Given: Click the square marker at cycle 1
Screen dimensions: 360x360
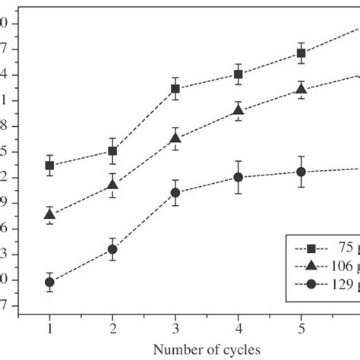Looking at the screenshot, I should point(50,165).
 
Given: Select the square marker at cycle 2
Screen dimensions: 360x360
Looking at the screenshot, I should point(112,151).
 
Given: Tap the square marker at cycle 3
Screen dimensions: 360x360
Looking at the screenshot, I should point(175,89).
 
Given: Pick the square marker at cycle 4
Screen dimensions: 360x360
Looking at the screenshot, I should point(238,74).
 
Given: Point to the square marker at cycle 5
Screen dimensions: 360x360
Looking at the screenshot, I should point(302,53).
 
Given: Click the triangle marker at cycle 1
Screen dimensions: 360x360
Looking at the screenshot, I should point(50,215).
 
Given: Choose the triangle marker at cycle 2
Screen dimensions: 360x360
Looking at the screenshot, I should point(112,185).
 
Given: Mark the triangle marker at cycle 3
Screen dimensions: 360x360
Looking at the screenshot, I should point(175,137).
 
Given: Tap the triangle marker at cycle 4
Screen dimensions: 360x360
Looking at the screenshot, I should point(238,110).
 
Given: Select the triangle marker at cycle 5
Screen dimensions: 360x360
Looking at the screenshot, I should point(302,89).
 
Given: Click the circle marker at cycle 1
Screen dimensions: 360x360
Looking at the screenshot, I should point(50,282).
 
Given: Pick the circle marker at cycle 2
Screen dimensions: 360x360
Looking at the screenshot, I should point(112,249).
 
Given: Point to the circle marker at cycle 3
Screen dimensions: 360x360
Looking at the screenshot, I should point(175,193).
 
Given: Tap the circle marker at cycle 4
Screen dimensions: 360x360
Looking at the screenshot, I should point(238,178).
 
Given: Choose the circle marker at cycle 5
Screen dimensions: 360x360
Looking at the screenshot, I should point(302,172).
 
